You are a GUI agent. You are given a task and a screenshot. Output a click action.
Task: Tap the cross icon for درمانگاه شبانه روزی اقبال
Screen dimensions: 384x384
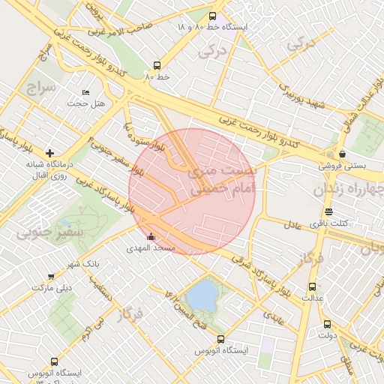pyautogui.click(x=49, y=153)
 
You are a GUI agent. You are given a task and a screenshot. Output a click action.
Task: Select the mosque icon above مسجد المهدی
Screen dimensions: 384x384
pyautogui.click(x=151, y=237)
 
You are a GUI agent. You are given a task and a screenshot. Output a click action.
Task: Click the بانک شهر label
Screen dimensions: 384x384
pyautogui.click(x=82, y=264)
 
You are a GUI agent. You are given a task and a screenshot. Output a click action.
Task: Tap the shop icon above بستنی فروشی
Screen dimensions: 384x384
pyautogui.click(x=342, y=154)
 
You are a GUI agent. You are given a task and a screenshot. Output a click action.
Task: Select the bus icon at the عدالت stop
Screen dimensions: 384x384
pyautogui.click(x=312, y=286)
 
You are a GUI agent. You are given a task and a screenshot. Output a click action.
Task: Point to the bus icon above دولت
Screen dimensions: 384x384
pyautogui.click(x=327, y=324)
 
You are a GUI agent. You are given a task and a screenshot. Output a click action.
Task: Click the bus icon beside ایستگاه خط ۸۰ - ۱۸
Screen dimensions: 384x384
pyautogui.click(x=212, y=16)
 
